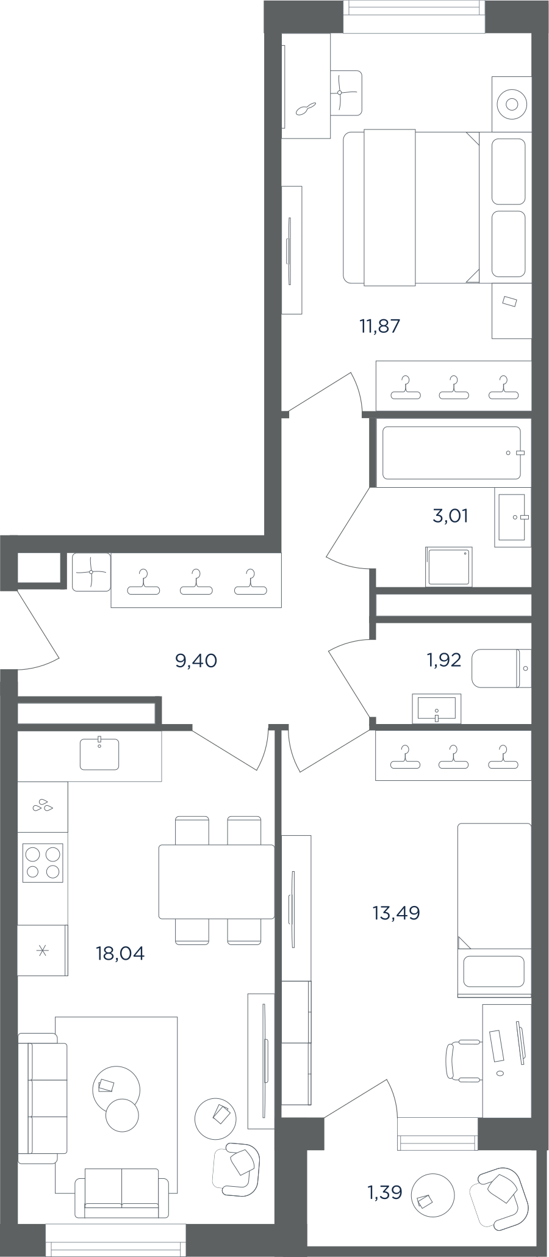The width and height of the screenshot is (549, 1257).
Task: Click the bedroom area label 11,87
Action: [380, 326]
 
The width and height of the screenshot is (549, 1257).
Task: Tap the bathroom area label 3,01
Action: [451, 516]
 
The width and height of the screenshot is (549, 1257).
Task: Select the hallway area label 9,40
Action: [196, 661]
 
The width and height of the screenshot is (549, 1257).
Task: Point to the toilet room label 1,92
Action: [443, 660]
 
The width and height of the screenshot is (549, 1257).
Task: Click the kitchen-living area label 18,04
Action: [120, 953]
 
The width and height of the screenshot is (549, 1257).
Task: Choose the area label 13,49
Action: [396, 913]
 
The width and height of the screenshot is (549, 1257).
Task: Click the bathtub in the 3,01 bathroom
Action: [452, 452]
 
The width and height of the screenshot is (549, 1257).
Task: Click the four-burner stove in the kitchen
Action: [43, 863]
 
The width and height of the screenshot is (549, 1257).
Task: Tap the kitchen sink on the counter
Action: [99, 753]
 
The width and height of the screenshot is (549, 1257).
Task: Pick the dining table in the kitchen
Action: [217, 881]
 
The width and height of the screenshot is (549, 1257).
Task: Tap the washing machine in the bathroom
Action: [449, 567]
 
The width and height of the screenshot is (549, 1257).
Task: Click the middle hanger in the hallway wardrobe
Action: [196, 582]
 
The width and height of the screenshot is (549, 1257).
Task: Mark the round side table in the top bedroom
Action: [512, 104]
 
